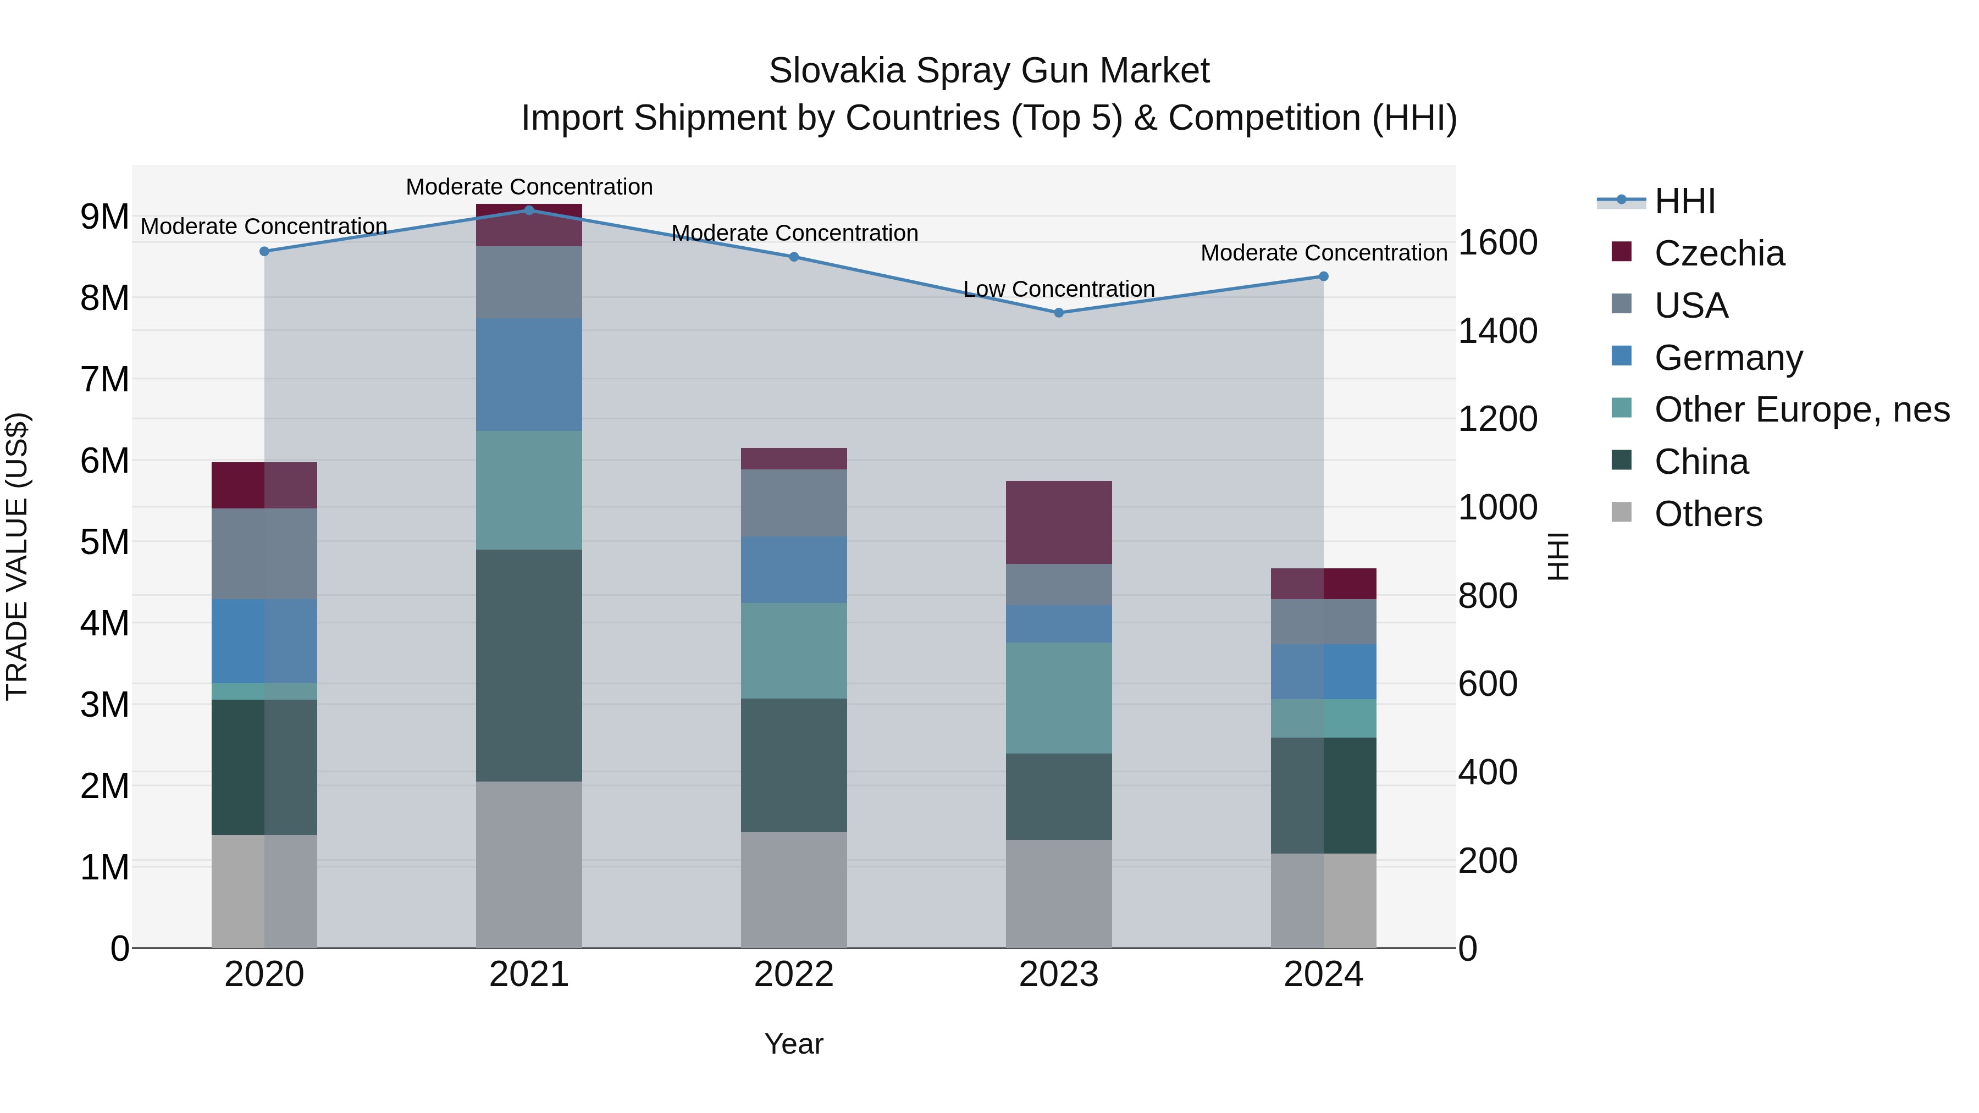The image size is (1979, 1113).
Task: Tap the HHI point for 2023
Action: pos(1059,313)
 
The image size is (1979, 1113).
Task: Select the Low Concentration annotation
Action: pos(1059,290)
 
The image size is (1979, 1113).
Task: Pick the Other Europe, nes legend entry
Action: pos(1801,409)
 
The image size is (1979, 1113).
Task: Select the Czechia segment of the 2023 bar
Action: pos(1059,522)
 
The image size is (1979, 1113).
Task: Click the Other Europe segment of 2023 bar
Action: pos(1059,697)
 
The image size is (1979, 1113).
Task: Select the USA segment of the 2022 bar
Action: pos(794,502)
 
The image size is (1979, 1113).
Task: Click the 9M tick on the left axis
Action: pos(104,217)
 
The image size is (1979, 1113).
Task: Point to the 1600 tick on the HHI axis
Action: pos(1497,243)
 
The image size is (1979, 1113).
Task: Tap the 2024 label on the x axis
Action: pos(1323,974)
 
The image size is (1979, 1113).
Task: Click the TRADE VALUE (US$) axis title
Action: pos(17,556)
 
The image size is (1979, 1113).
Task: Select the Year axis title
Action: pos(794,1044)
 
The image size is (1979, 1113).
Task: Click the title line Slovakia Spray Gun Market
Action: pos(989,71)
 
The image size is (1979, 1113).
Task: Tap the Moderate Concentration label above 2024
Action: pos(1323,253)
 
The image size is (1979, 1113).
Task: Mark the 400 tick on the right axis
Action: pos(1488,772)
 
